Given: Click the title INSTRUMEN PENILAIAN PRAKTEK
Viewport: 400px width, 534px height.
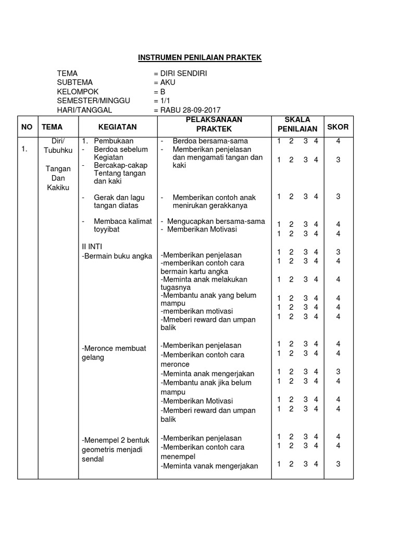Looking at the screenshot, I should (199, 57).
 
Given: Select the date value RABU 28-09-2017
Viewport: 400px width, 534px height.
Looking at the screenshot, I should (187, 110).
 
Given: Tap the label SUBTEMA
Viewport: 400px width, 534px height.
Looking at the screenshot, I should (75, 82).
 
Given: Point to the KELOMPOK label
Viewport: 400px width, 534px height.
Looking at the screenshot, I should (78, 92).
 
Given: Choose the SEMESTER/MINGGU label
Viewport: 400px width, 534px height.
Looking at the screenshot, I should (94, 101).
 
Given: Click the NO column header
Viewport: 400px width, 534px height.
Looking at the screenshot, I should (26, 127).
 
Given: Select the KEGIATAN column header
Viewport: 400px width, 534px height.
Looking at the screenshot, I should (117, 127).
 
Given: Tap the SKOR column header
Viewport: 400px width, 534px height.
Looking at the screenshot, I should (337, 127).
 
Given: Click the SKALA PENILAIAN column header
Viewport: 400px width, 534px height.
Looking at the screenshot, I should (297, 125).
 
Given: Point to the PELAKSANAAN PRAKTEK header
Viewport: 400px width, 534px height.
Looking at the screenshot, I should (214, 124).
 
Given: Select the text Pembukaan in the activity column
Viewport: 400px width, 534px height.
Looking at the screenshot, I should (114, 141).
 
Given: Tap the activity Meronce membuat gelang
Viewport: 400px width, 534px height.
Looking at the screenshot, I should (114, 353).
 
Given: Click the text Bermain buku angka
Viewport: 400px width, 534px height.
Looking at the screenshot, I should (117, 256).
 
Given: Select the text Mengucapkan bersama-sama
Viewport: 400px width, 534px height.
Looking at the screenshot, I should (216, 221).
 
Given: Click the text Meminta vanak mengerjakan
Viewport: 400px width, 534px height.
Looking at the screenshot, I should (209, 466).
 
